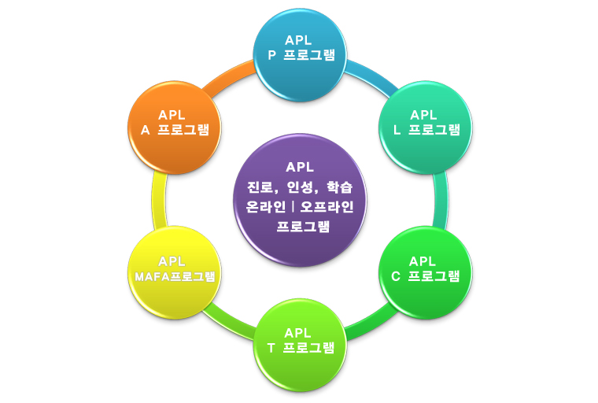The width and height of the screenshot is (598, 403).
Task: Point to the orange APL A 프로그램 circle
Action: click(175, 126)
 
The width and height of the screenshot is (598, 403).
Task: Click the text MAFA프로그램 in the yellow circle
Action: click(174, 276)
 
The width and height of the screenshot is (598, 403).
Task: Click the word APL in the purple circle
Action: click(300, 167)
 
